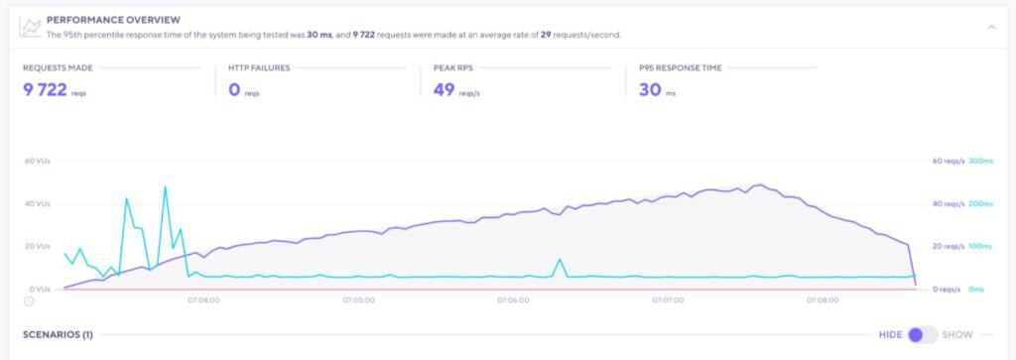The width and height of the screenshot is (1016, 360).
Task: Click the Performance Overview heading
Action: coord(114,19)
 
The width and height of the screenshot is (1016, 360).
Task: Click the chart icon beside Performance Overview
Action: coord(32,26)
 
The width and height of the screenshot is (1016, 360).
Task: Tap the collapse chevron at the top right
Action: coord(990,27)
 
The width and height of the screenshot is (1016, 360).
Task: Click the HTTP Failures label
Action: coord(252,68)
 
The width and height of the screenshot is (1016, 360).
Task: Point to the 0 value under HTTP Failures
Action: coord(235,89)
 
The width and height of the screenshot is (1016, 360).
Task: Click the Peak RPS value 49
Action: coord(444,89)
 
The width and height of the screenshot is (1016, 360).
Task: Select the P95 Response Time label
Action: coord(680,68)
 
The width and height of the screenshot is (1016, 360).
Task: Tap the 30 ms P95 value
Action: coord(650,89)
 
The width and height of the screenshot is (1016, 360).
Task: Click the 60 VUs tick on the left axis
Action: coord(37,161)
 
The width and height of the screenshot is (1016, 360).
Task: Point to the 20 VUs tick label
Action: coord(37,246)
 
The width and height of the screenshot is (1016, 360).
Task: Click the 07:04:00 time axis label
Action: coord(204,300)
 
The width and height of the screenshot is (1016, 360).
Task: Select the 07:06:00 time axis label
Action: coord(513,300)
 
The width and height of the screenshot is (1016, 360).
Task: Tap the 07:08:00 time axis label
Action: coord(822,300)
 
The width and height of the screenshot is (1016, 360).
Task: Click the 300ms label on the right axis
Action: coord(980,161)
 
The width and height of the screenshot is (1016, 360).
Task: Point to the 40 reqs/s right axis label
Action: coord(948,203)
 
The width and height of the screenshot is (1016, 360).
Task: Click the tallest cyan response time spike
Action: coord(165,187)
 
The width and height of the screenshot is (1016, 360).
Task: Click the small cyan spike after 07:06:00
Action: coord(561,260)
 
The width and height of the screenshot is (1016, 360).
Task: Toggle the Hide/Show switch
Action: coord(922,334)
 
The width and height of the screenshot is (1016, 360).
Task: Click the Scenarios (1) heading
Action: coord(58,335)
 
